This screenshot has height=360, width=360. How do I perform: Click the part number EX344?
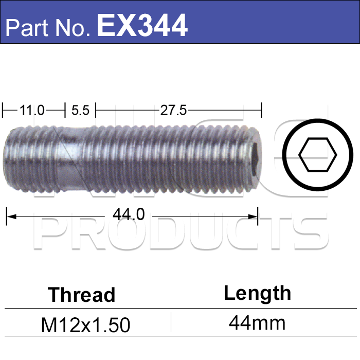point(142,25)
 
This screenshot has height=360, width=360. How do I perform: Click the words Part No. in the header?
point(47,28)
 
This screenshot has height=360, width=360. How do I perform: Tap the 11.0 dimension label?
point(32,110)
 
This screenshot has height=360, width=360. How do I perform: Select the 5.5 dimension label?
point(80,110)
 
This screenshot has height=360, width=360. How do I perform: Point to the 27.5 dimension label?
point(174,110)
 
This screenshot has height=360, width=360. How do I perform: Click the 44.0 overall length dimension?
point(129,214)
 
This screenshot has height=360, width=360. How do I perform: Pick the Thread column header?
point(81,295)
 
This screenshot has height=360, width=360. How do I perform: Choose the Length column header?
point(257,294)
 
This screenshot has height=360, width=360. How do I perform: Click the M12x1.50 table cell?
point(85,325)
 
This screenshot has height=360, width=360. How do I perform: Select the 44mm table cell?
point(257,323)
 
